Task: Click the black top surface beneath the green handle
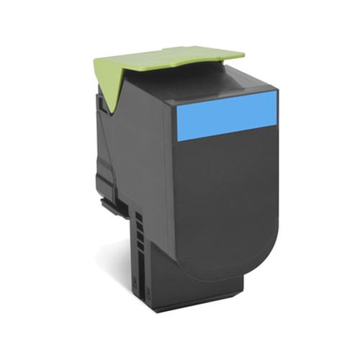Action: point(209,79)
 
